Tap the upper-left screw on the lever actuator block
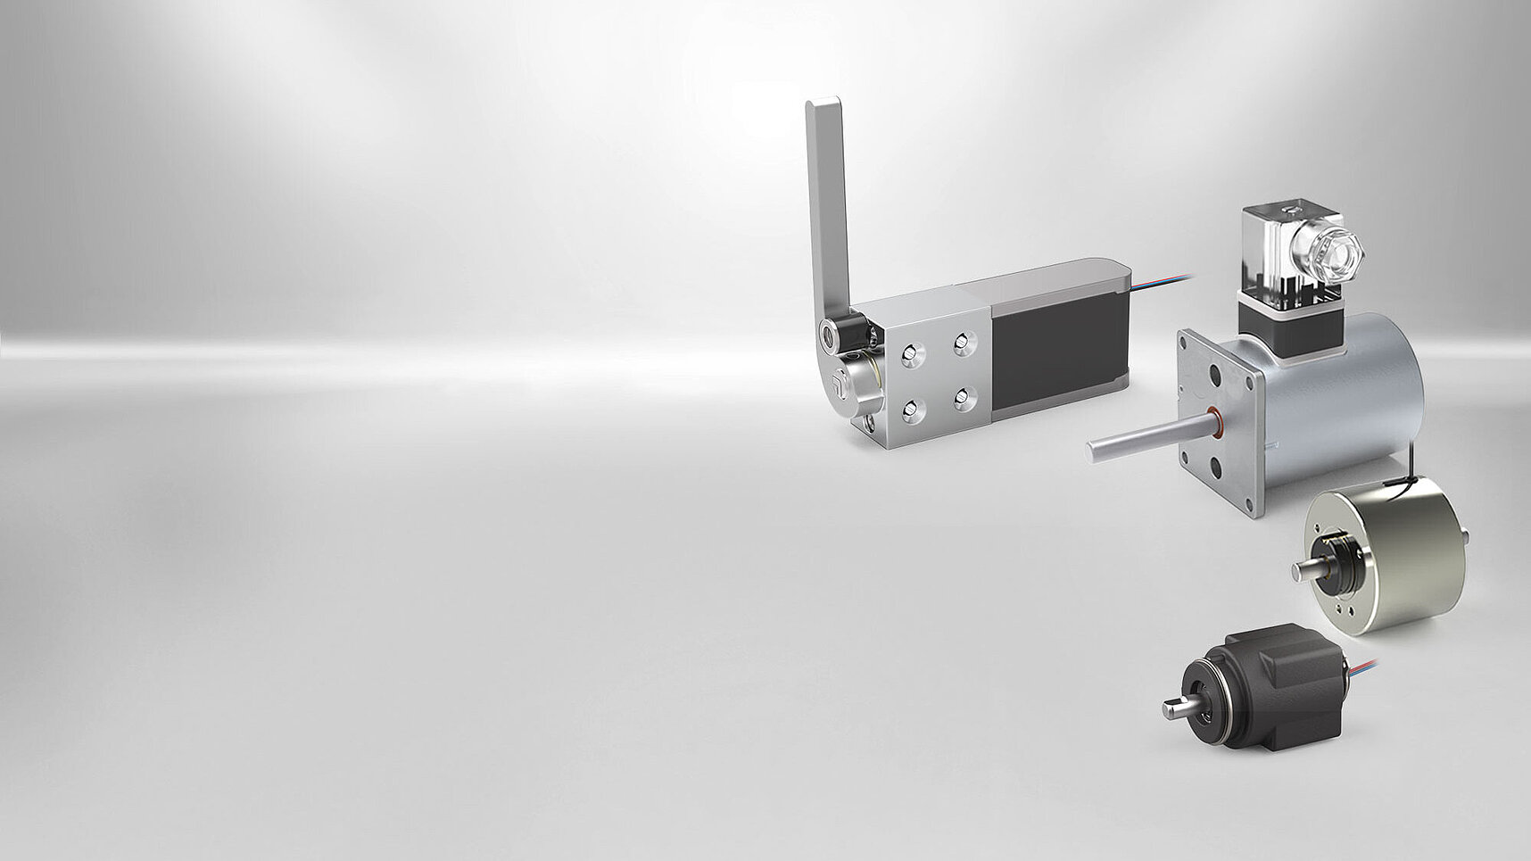pyautogui.click(x=909, y=354)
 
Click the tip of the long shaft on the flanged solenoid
pyautogui.click(x=1094, y=450)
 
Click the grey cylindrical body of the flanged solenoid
pyautogui.click(x=1338, y=402)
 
